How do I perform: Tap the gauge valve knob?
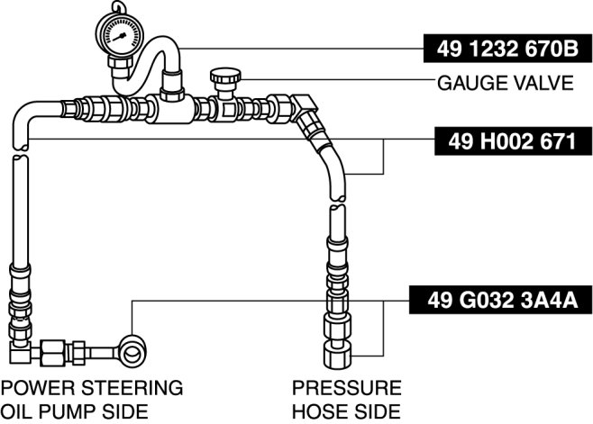click(225, 76)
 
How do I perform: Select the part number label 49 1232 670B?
click(507, 49)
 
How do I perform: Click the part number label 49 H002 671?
click(513, 141)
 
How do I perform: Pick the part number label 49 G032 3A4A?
click(501, 300)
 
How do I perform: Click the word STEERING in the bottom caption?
click(132, 388)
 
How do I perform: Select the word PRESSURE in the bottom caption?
click(347, 388)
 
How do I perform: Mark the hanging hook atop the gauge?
click(119, 7)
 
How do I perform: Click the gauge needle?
click(119, 38)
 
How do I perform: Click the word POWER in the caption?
click(39, 388)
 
